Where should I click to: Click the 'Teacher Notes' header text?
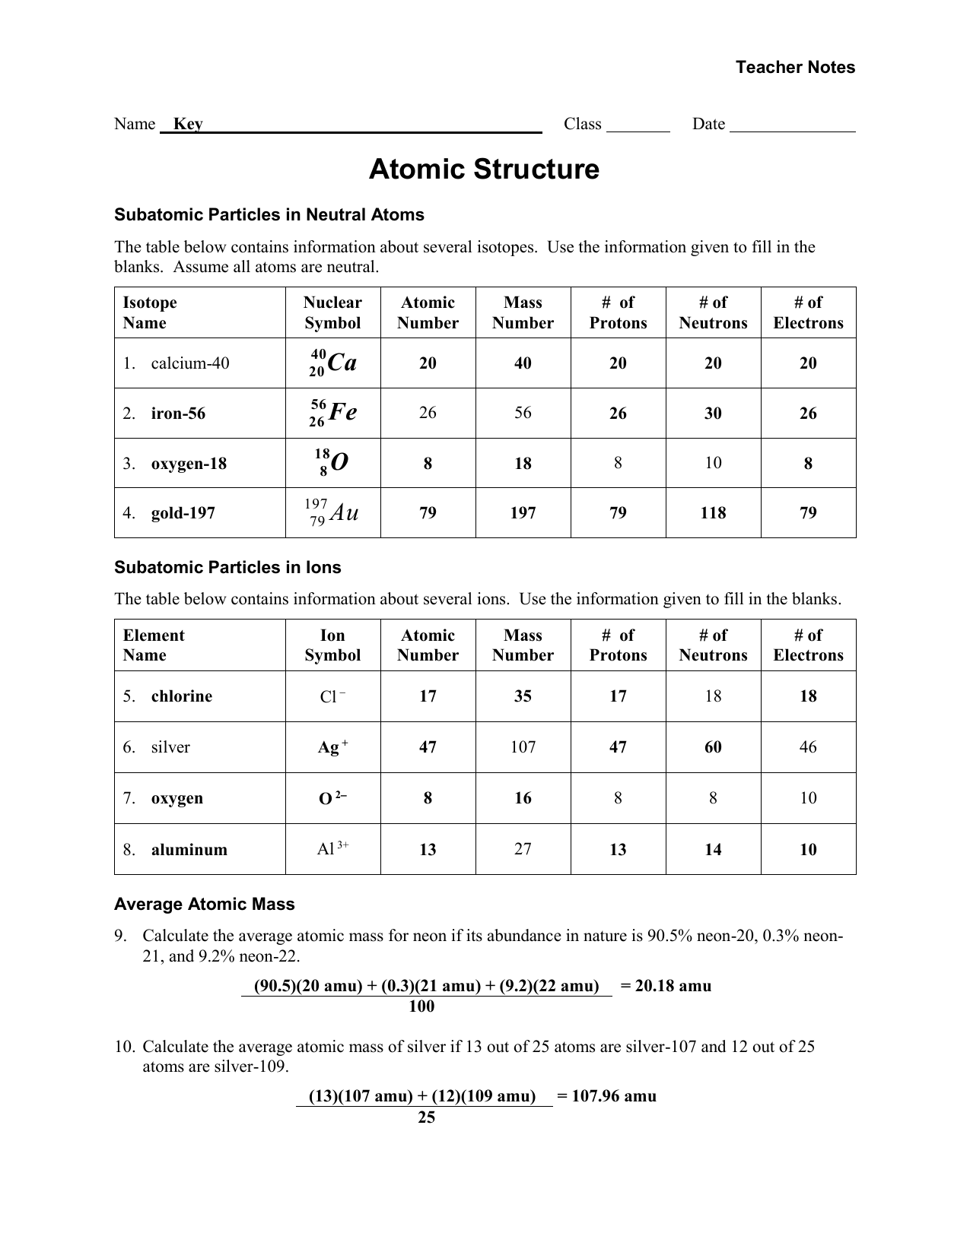(795, 67)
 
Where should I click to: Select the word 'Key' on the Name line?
(188, 124)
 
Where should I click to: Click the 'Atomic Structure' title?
(484, 169)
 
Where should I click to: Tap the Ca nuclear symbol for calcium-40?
(333, 363)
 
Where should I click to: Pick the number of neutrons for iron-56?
(713, 414)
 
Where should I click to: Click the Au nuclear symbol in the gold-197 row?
(332, 512)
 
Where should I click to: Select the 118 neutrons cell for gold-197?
(713, 513)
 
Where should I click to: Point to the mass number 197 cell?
(523, 513)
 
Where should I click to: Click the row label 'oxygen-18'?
(189, 464)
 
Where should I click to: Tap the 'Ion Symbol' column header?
(332, 645)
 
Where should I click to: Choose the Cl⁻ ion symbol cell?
(332, 696)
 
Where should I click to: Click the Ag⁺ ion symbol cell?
(332, 747)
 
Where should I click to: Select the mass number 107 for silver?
(523, 747)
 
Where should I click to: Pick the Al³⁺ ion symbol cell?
(332, 849)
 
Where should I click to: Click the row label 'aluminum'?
(189, 850)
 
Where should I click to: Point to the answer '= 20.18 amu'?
(666, 986)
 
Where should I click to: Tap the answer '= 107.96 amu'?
(606, 1096)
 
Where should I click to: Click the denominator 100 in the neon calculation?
(421, 1006)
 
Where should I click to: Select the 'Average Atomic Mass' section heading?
(204, 904)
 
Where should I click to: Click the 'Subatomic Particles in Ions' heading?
(227, 567)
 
